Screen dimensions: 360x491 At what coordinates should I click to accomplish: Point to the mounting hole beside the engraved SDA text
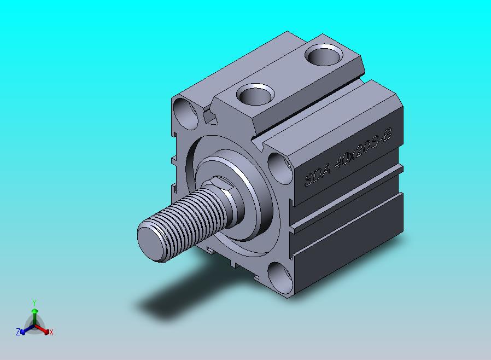point(280,166)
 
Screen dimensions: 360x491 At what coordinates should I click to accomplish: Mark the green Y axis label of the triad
point(34,303)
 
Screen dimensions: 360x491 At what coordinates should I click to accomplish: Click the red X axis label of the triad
point(51,332)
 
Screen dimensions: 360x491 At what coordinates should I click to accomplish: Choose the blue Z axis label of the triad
point(18,332)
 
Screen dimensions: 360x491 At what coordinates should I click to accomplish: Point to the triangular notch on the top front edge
point(209,117)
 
